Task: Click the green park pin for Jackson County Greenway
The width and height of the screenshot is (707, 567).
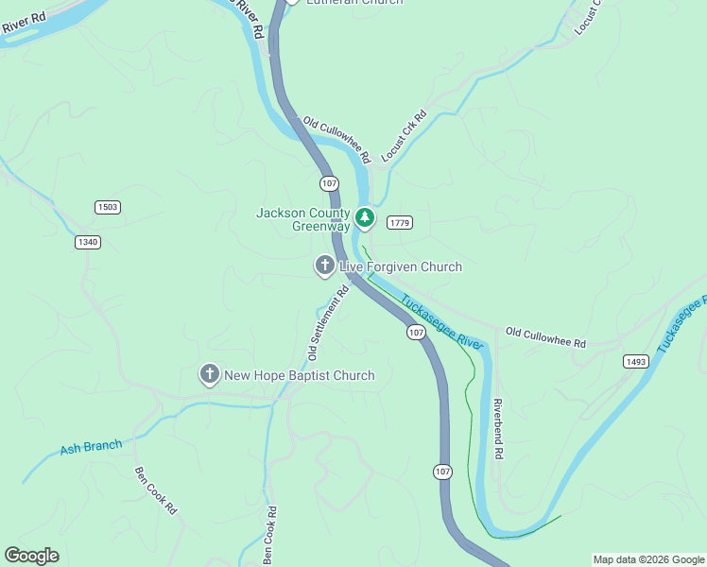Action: [365, 218]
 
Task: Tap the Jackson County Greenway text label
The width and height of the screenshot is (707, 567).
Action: [303, 219]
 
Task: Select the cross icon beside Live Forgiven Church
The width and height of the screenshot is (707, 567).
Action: [324, 266]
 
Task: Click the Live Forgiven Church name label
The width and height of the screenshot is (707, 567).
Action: [401, 267]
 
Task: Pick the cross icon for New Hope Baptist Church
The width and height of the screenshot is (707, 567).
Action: [209, 375]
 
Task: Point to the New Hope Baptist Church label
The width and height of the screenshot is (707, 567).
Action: [299, 376]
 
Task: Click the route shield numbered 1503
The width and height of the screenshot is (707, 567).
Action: [108, 207]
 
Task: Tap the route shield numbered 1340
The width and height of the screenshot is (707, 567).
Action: [88, 242]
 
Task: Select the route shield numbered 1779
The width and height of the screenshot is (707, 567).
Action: [400, 222]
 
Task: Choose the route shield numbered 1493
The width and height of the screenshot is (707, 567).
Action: [635, 362]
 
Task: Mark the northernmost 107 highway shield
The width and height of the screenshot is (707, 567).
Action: [328, 182]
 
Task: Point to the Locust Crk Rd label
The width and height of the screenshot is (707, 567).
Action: [404, 137]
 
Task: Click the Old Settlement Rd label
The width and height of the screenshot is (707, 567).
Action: [329, 323]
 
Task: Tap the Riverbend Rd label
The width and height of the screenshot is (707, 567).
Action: [497, 429]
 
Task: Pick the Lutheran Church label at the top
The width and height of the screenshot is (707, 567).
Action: [354, 3]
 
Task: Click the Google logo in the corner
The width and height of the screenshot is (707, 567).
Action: [31, 556]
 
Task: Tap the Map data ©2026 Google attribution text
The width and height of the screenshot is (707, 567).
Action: [648, 559]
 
